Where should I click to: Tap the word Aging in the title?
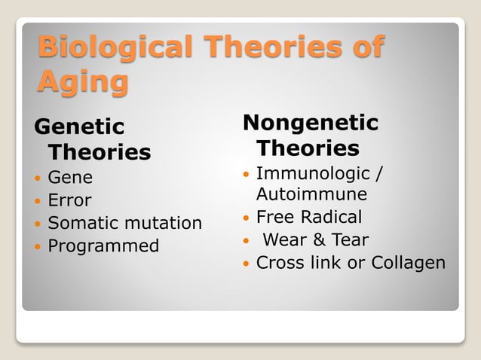[82, 81]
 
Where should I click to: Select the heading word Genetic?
[79, 126]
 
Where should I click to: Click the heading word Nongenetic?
[311, 122]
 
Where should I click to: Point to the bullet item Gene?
[70, 178]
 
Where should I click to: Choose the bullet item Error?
[69, 200]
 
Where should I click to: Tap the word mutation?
[165, 223]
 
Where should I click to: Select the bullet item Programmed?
[103, 246]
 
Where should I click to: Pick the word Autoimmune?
[311, 194]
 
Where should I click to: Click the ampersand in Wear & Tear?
[319, 240]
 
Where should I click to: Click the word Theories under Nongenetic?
[308, 147]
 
